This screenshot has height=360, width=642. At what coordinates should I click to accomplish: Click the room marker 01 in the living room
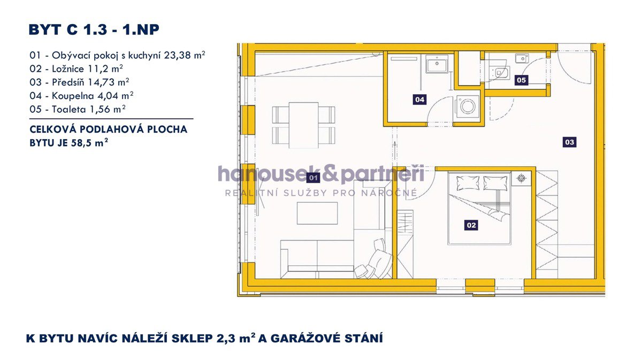point(313,178)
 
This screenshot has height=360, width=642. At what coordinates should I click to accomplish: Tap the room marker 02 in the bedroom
point(471,225)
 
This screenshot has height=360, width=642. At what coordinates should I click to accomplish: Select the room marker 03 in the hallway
point(569,142)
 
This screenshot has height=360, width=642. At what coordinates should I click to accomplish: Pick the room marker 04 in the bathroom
point(419,99)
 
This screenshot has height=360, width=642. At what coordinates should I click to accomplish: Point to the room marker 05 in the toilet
point(521,80)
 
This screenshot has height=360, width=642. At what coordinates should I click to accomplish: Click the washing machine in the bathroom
point(468,106)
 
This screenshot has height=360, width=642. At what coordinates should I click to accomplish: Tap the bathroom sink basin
point(437,64)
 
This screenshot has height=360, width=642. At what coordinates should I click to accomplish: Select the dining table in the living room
point(303,125)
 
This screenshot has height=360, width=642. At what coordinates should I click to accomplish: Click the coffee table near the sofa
point(317,213)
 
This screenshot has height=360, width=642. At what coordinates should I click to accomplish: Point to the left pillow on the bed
point(468,182)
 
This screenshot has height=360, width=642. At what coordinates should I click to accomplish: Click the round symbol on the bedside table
point(521,178)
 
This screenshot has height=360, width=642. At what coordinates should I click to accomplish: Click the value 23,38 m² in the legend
point(185,55)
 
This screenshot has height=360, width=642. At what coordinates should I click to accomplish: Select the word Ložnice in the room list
point(68,69)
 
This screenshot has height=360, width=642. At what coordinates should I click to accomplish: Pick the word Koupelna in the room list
point(73,96)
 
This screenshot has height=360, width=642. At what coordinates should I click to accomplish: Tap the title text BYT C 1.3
point(68,29)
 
